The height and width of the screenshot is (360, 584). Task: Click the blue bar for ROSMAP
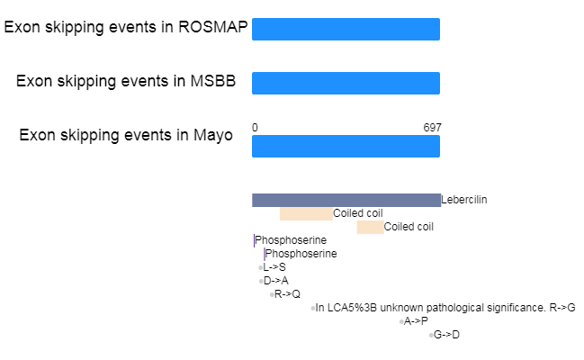tap(346, 29)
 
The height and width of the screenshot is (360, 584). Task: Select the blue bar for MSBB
tap(346, 83)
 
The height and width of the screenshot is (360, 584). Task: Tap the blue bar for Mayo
tap(346, 146)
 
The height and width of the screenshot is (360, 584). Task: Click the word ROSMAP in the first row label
tap(213, 27)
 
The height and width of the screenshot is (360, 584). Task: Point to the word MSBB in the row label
tap(213, 81)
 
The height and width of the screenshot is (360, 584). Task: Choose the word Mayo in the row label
tap(213, 135)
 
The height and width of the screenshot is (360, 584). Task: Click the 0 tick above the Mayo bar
tap(255, 128)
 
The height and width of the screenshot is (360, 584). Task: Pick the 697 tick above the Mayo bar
tap(433, 128)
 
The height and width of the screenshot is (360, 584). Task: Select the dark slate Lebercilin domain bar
tap(346, 200)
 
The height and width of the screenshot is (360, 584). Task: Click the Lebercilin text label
tap(464, 200)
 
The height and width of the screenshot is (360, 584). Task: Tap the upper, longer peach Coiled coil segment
tap(306, 213)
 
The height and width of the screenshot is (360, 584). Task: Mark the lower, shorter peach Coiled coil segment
tap(370, 227)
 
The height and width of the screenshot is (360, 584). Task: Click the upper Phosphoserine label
tap(291, 240)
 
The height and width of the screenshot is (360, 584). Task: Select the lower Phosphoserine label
tap(301, 254)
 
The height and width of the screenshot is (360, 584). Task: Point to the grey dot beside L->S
tap(260, 267)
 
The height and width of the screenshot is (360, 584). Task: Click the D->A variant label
tap(276, 281)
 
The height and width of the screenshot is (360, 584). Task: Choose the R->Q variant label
tap(287, 294)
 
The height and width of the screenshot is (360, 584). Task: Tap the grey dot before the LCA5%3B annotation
tap(313, 308)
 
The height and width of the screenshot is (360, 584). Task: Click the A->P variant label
tap(416, 321)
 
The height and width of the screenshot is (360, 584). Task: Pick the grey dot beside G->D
tap(431, 335)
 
